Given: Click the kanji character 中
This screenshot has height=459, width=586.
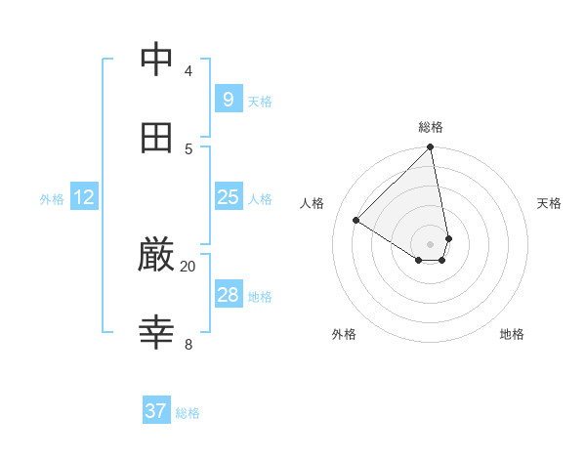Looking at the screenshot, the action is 157,60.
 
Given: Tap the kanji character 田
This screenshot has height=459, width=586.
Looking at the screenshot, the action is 157,138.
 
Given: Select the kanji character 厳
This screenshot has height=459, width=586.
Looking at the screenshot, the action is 157,256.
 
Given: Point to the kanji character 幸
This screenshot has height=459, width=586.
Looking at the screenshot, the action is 157,333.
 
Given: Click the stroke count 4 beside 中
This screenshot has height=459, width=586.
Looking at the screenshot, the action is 188,70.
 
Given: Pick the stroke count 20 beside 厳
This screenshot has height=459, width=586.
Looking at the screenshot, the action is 188,266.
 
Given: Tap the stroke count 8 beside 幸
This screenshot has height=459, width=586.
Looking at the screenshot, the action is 188,344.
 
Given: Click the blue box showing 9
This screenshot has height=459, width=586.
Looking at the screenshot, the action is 228,100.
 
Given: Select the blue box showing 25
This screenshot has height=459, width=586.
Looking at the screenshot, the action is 228,197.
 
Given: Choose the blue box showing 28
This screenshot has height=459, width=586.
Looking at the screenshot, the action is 228,295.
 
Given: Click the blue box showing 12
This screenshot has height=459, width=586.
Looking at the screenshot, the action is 84,197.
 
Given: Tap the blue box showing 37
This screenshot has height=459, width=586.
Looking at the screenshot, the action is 155,411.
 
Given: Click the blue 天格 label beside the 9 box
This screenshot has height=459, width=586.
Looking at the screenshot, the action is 260,102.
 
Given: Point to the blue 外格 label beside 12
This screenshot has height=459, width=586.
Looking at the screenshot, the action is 52,199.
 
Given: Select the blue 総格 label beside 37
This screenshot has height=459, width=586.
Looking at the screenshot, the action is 188,413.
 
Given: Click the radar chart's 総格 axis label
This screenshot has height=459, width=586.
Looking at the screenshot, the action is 431,127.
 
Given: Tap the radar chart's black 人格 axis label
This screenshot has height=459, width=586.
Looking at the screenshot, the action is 313,203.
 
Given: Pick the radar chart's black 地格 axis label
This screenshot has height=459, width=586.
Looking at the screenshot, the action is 512,334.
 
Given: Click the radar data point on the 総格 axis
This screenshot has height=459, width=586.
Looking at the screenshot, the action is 431,148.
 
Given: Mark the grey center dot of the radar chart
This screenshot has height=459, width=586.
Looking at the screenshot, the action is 431,243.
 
